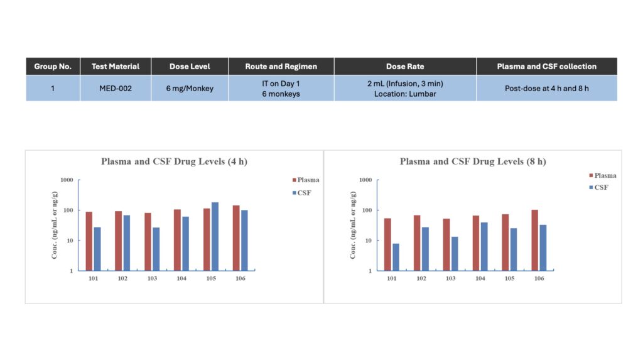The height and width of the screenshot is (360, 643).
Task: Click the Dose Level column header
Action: [x=190, y=66]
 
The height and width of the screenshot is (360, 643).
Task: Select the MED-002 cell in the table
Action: [x=116, y=88]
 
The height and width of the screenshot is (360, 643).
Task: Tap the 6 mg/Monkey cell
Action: [x=190, y=88]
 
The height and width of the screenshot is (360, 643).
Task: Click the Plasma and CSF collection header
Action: [x=546, y=66]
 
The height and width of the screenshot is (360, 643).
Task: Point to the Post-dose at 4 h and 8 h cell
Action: [x=546, y=88]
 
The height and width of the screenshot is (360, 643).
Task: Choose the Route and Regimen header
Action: [x=281, y=66]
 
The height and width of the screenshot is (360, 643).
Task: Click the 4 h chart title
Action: [x=174, y=161]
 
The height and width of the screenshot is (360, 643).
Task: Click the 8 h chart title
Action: [x=473, y=161]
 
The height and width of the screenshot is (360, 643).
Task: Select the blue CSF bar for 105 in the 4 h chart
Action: [x=215, y=236]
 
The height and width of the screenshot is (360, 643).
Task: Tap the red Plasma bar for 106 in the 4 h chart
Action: [x=236, y=238]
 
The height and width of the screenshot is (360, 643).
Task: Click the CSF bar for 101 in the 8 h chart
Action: [x=396, y=257]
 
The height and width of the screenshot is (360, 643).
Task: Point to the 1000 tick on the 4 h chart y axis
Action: [x=66, y=180]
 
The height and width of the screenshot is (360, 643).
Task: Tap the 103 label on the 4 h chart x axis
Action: [x=152, y=278]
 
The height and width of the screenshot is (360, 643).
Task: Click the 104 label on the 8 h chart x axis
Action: [x=480, y=278]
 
